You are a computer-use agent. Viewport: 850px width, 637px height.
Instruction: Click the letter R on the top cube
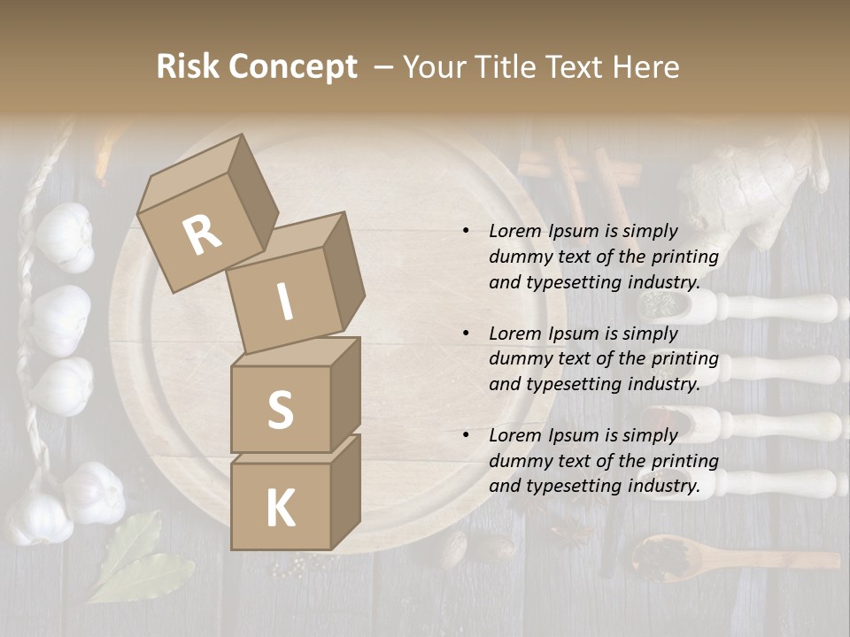(202, 234)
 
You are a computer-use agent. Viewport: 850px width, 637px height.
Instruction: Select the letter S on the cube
(280, 410)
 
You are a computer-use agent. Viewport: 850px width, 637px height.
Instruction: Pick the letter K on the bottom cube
(280, 509)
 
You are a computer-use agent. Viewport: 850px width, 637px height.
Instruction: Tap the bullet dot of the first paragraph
(466, 232)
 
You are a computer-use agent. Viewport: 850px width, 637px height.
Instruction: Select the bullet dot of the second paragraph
(466, 334)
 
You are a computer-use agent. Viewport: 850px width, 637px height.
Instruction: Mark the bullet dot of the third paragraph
(466, 436)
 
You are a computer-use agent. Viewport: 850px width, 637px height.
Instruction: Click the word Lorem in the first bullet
(514, 232)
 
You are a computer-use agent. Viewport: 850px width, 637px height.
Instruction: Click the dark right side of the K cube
(345, 491)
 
